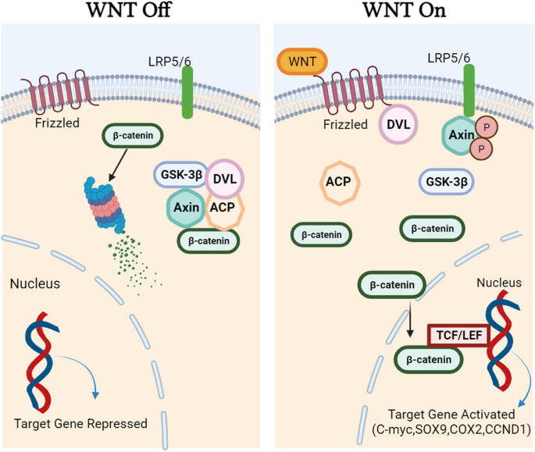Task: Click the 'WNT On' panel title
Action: (x=402, y=12)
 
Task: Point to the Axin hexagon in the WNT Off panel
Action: (x=185, y=208)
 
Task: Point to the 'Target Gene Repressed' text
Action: (x=81, y=424)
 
